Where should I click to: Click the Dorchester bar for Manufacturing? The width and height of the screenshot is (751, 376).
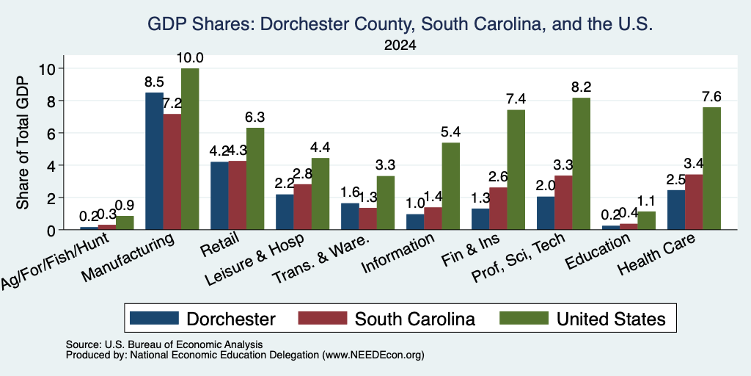154,161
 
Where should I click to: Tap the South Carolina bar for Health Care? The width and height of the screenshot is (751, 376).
694,202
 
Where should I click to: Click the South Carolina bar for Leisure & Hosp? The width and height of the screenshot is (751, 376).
303,206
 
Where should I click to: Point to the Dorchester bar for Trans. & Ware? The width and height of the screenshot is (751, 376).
350,217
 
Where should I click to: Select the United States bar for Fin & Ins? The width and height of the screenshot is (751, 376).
516,170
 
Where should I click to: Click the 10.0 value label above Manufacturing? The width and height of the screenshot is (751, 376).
190,58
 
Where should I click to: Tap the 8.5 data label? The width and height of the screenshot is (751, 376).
154,82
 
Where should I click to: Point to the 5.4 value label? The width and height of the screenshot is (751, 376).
451,132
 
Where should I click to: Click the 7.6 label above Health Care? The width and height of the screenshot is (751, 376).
711,96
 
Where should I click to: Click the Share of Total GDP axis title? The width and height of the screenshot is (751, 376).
23,142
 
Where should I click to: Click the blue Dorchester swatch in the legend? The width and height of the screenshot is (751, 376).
154,318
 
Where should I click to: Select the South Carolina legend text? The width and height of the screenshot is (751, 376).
415,319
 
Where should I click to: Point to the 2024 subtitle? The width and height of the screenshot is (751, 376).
400,46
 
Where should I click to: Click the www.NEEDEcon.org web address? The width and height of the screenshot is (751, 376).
373,355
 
